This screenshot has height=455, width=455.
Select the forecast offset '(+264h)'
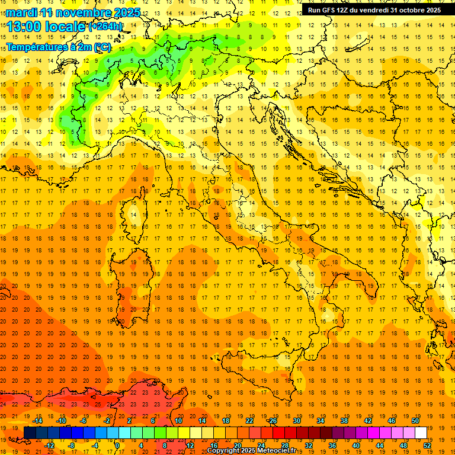105,27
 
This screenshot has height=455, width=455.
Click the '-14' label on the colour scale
38,421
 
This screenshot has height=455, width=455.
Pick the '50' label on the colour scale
415,421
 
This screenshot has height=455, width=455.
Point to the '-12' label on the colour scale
50,445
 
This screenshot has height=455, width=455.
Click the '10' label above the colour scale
178,421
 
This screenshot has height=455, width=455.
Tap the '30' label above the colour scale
297,421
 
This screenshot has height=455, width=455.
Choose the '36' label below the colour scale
332,445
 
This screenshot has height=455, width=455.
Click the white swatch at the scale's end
421,432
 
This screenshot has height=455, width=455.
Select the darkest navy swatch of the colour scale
30,432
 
